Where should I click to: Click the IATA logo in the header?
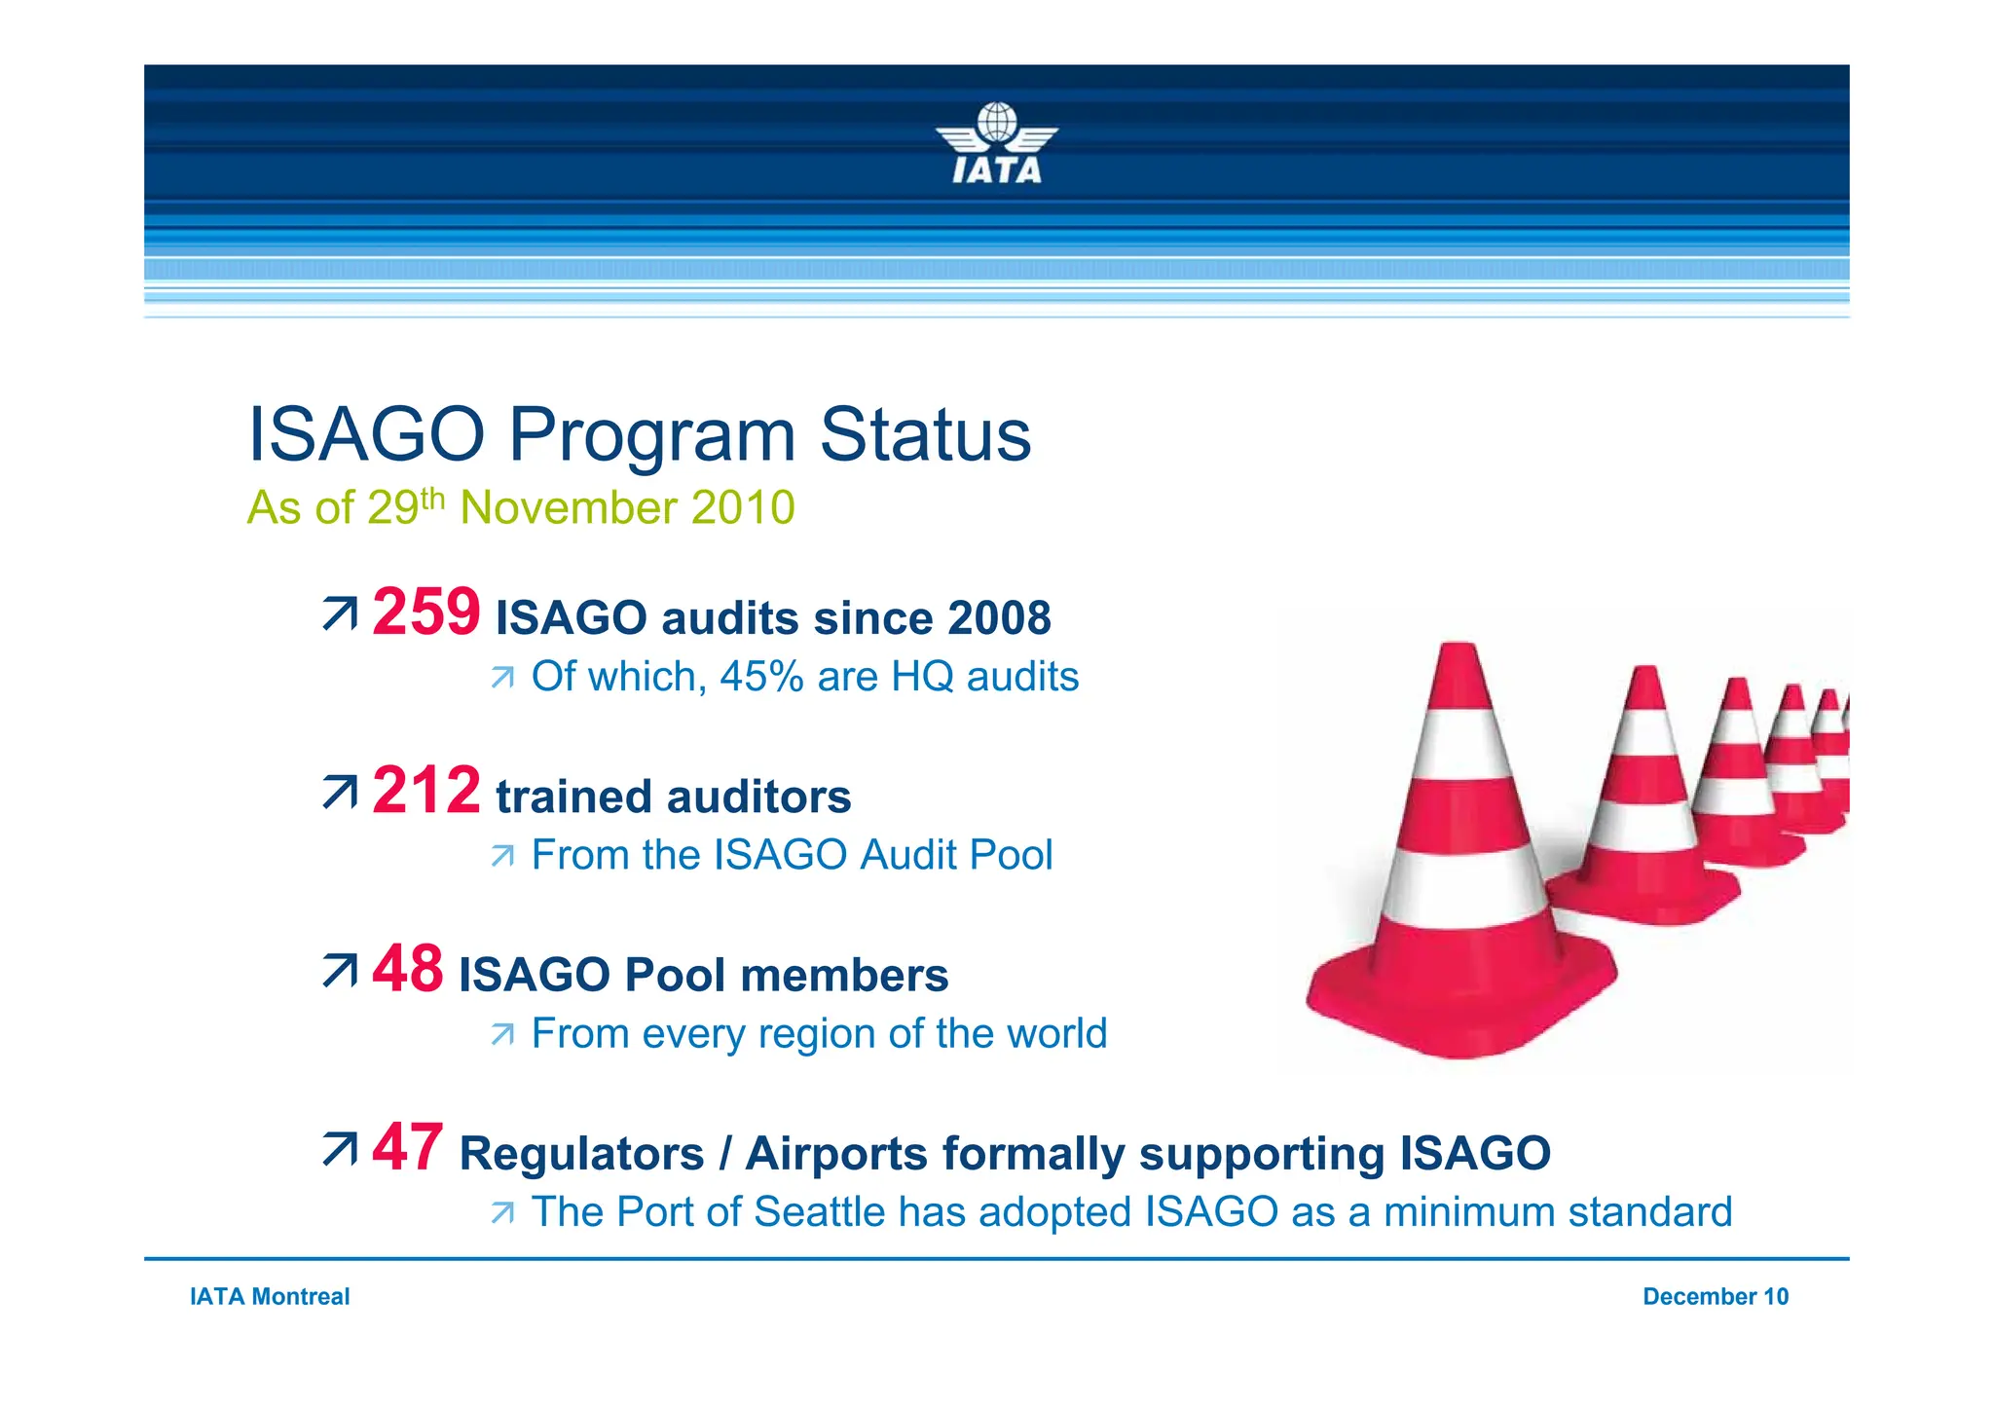click(x=996, y=144)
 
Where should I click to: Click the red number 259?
click(x=425, y=612)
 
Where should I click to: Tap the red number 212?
click(x=425, y=791)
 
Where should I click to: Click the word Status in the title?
click(x=924, y=435)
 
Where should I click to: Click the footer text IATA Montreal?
click(x=270, y=1296)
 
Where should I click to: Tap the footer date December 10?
click(x=1715, y=1296)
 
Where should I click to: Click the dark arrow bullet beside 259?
click(x=340, y=614)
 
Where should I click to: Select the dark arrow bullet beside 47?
click(x=340, y=1149)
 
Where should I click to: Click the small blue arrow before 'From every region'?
click(x=502, y=1034)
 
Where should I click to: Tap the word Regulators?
click(x=581, y=1154)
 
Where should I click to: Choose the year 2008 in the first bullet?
click(x=999, y=618)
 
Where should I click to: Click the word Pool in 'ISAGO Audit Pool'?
click(x=1012, y=855)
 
